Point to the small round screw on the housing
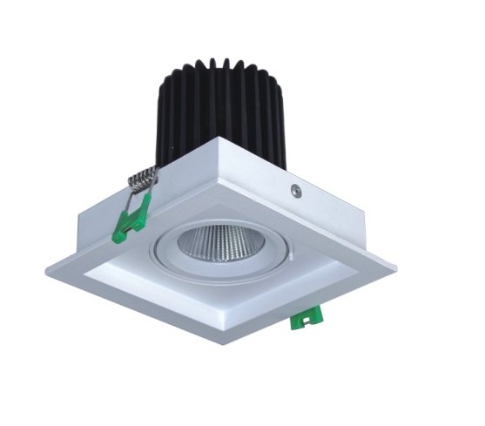coord(297,187)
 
